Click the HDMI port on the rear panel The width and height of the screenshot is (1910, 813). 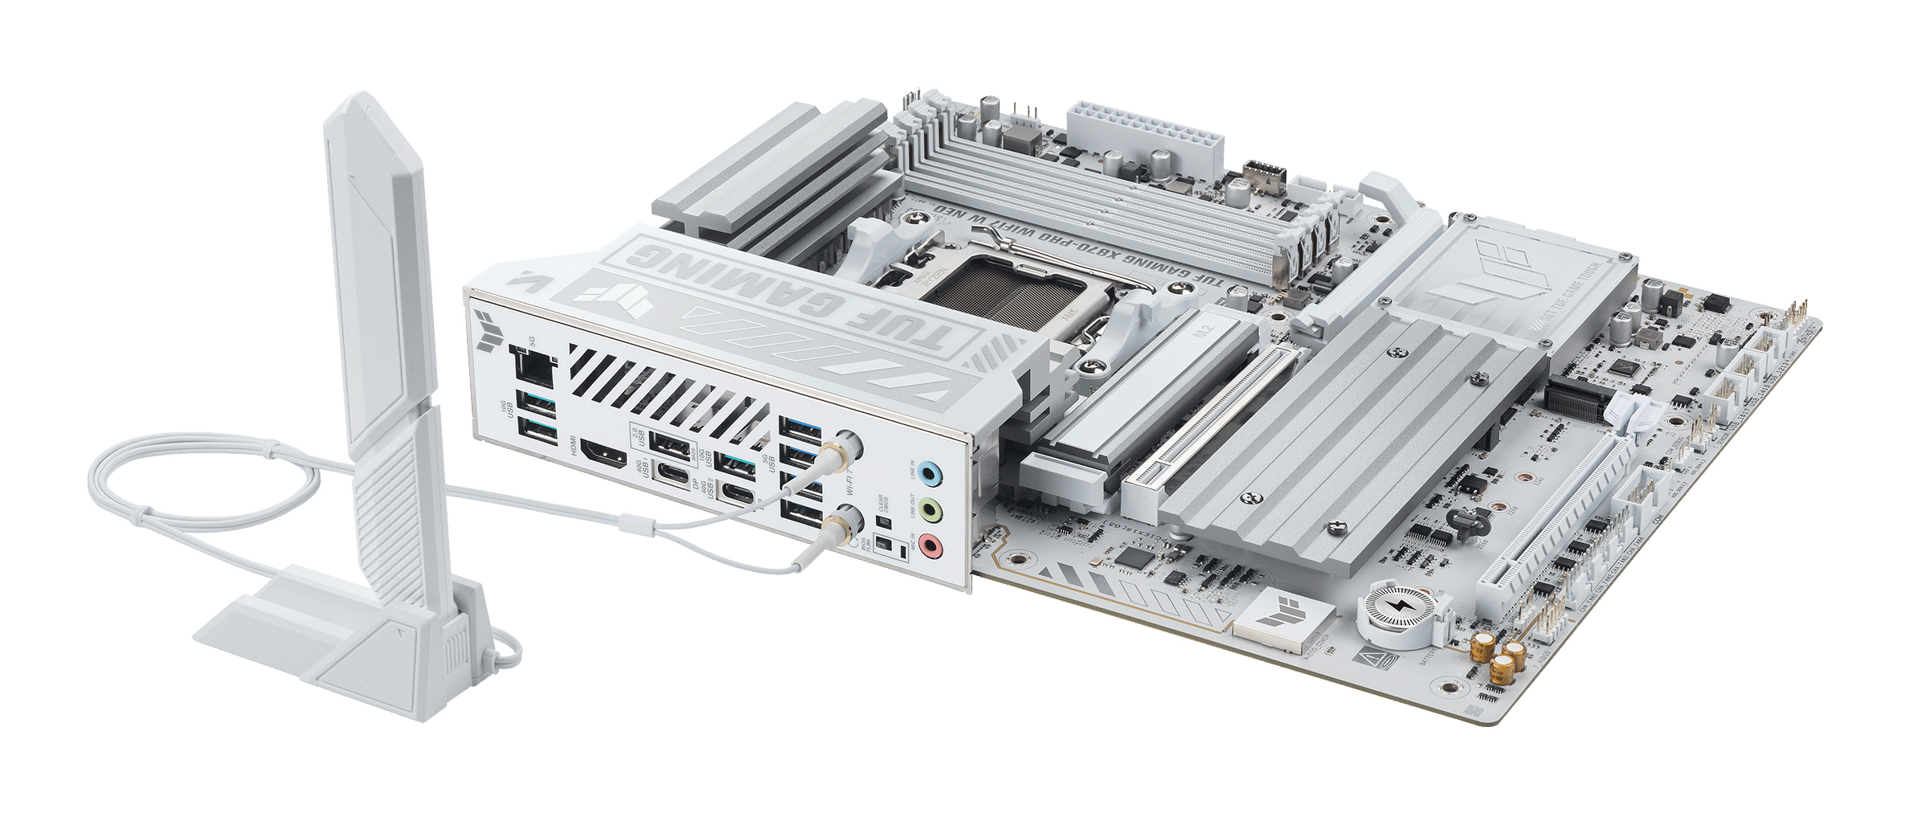point(603,457)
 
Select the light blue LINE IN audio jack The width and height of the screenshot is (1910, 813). point(930,473)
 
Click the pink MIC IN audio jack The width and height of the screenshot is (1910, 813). point(930,547)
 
